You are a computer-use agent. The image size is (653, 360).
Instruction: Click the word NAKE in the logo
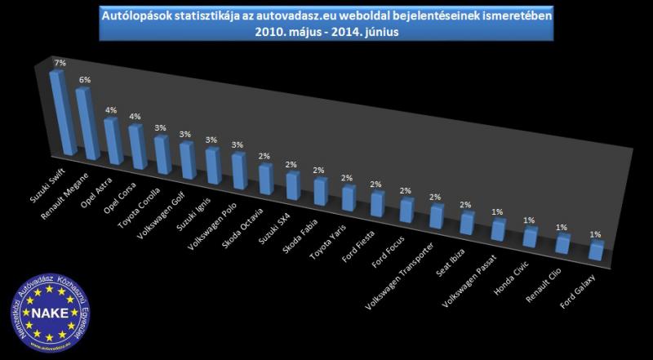tap(46, 313)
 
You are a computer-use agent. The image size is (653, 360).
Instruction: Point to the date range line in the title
tap(331, 33)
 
